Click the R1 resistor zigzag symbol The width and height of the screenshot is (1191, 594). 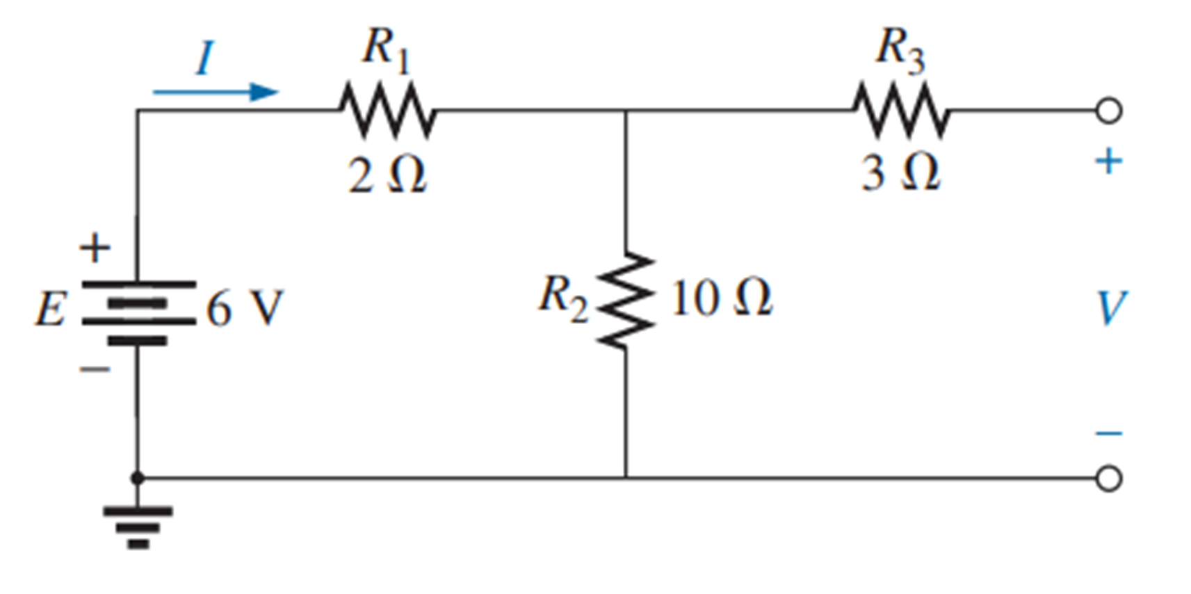(x=387, y=110)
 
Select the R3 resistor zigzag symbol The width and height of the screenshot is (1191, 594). (x=900, y=110)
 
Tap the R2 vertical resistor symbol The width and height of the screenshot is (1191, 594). (x=625, y=300)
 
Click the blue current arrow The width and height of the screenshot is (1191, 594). (x=216, y=92)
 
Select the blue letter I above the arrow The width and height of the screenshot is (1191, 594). (x=204, y=58)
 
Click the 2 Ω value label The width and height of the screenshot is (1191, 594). (x=387, y=175)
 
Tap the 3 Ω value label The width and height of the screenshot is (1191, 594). (x=900, y=172)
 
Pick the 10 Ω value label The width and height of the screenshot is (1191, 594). (x=721, y=299)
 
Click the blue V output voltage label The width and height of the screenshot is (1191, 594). (x=1110, y=308)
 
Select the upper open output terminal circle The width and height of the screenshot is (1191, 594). (x=1109, y=111)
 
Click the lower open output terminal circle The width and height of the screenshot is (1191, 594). (x=1109, y=479)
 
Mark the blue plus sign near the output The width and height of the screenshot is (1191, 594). (x=1109, y=161)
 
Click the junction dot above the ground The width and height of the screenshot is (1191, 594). (x=138, y=478)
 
